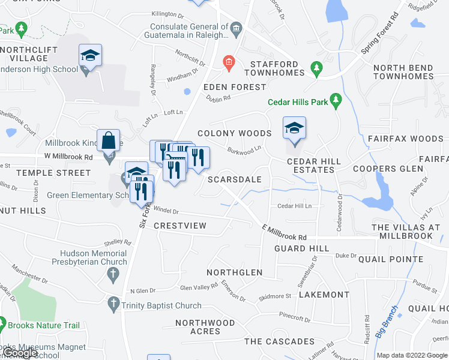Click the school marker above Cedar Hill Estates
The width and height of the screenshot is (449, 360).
294,129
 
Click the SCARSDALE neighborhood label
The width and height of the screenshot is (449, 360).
235,179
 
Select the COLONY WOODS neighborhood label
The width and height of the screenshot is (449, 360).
235,133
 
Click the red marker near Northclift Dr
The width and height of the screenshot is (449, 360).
228,62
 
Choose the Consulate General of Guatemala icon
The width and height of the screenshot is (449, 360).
236,28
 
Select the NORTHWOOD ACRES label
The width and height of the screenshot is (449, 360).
205,327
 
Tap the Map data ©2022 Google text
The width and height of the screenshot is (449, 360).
412,355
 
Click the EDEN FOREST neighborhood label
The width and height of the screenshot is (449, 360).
235,87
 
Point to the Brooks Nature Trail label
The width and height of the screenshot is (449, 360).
43,325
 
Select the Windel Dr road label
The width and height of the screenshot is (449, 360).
167,211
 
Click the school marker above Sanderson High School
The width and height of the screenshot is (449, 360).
90,56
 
